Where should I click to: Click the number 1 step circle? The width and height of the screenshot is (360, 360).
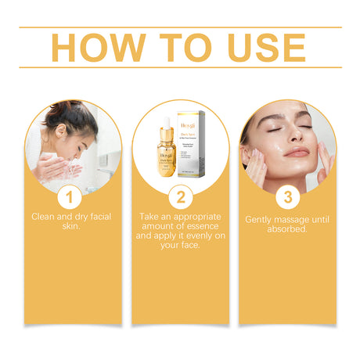pyautogui.click(x=72, y=194)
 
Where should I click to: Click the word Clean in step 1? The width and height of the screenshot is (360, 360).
pyautogui.click(x=44, y=215)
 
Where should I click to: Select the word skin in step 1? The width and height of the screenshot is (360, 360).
pyautogui.click(x=72, y=225)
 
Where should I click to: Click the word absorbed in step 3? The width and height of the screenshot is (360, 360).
pyautogui.click(x=287, y=230)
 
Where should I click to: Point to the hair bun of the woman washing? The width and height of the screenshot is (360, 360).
pyautogui.click(x=78, y=110)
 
